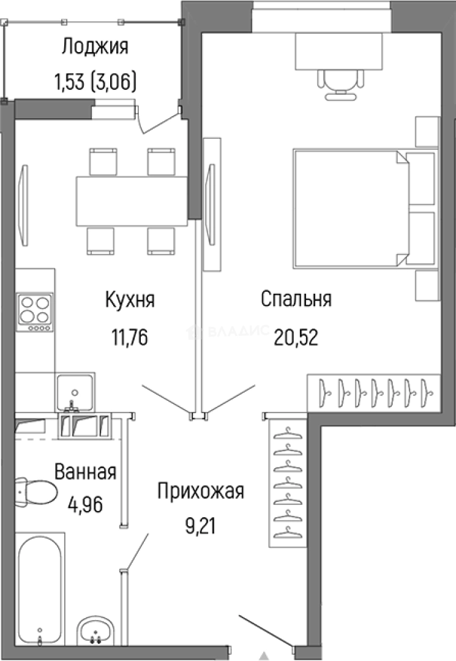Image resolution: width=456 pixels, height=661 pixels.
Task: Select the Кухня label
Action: [130, 300]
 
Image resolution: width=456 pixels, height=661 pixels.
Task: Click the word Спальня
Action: [296, 300]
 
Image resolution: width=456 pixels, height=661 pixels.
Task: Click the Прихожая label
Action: [201, 491]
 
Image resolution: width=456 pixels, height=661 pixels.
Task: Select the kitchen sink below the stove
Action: [75, 391]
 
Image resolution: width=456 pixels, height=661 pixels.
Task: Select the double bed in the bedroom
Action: [352, 208]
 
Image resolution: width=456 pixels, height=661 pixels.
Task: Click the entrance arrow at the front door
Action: [265, 654]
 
